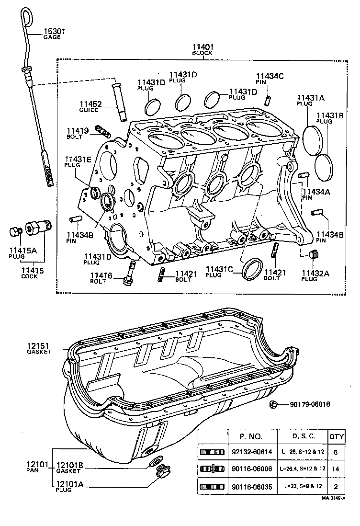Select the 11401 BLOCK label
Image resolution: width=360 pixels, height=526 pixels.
(x=202, y=49)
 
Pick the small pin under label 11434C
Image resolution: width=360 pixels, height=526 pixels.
(x=269, y=99)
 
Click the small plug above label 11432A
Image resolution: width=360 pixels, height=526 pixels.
(x=314, y=253)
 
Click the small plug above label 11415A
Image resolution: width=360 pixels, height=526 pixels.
(x=14, y=232)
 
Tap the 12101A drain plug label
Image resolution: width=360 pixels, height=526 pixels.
(x=70, y=487)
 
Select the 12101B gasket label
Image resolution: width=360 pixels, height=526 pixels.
(x=70, y=468)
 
